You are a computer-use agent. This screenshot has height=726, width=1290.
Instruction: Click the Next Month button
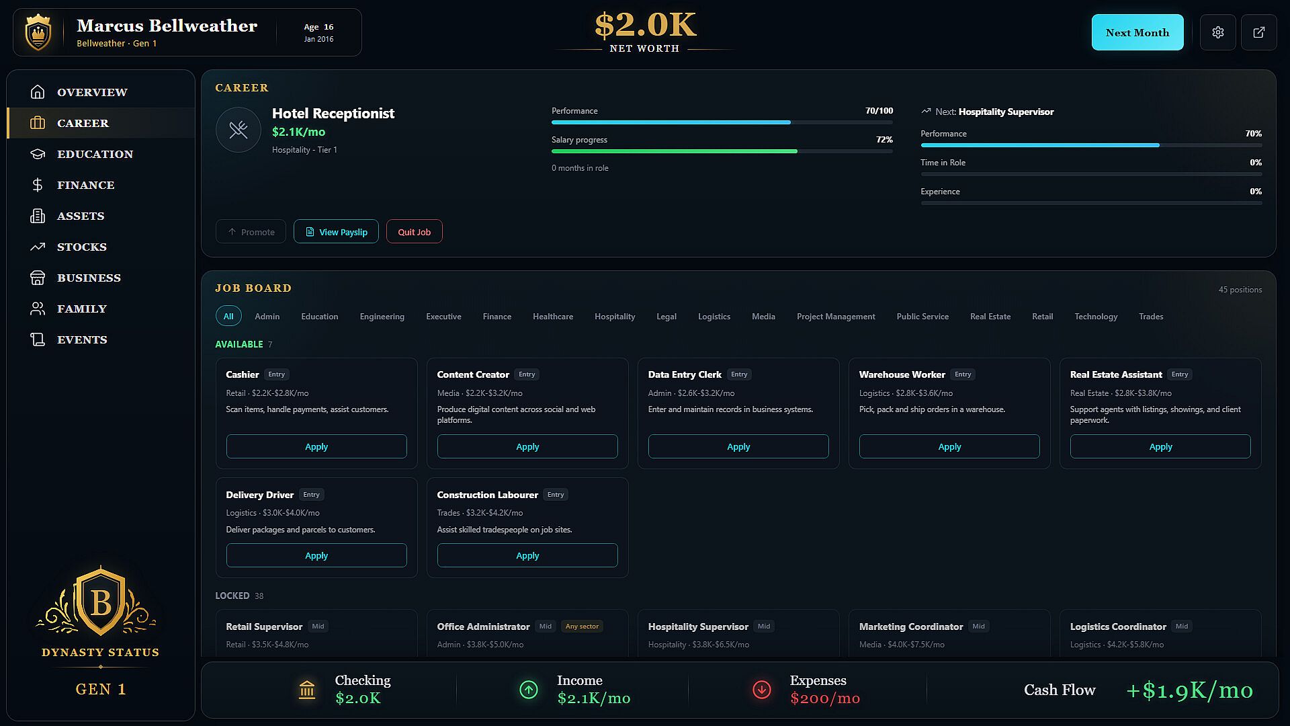1137,32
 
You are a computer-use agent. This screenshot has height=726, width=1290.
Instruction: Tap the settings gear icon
1218,32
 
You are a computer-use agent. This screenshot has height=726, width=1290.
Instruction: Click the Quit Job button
414,232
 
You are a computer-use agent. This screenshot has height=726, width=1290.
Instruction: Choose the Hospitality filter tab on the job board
615,317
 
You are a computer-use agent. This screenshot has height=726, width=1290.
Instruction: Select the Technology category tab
1096,317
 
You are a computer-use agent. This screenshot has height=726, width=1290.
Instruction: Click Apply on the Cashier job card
316,446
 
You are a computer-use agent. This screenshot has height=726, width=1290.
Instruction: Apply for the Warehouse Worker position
949,446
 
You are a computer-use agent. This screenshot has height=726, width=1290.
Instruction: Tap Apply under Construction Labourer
527,555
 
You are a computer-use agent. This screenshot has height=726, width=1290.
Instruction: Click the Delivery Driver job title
259,495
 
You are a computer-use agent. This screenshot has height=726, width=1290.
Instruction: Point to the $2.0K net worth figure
645,25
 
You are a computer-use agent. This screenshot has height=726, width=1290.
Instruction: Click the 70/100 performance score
879,111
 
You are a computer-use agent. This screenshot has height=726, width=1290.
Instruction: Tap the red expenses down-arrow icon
762,690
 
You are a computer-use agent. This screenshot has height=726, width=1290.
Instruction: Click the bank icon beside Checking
307,690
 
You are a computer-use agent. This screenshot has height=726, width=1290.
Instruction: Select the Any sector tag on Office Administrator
582,627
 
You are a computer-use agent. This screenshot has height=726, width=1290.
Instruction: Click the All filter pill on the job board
228,317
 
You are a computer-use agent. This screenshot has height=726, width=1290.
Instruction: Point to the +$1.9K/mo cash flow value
1189,690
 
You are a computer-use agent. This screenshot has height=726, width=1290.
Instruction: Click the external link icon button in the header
1259,32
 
